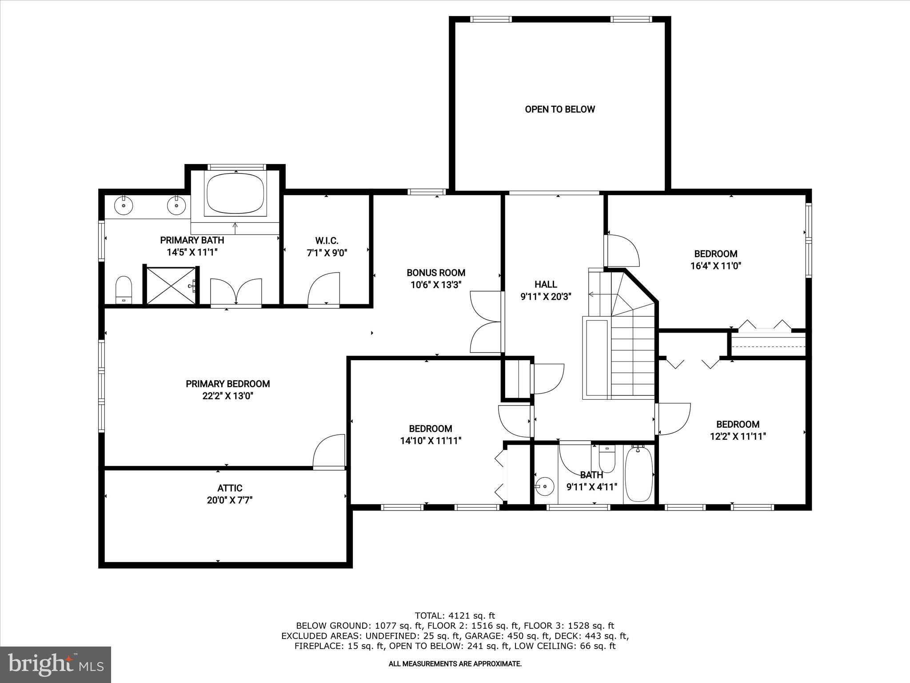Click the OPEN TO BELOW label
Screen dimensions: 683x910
(x=559, y=109)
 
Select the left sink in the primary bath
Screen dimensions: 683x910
(x=123, y=206)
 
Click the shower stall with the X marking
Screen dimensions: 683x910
(x=171, y=286)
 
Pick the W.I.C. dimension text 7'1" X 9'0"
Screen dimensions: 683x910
(x=327, y=253)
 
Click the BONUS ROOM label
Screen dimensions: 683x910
(x=436, y=273)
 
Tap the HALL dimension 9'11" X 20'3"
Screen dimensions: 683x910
(x=546, y=297)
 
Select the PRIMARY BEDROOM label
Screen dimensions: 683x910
(x=227, y=384)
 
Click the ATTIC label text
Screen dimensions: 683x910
(x=230, y=488)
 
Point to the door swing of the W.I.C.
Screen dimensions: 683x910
(x=323, y=289)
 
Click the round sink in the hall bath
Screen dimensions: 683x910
(x=545, y=486)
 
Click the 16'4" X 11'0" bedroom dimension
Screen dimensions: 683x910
(x=715, y=266)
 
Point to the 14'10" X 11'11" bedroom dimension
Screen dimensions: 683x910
(x=431, y=441)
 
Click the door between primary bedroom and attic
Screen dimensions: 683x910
(x=329, y=452)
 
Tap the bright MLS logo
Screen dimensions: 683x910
(x=56, y=665)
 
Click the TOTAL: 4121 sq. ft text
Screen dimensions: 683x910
(x=455, y=615)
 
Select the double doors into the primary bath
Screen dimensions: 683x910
(x=235, y=292)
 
